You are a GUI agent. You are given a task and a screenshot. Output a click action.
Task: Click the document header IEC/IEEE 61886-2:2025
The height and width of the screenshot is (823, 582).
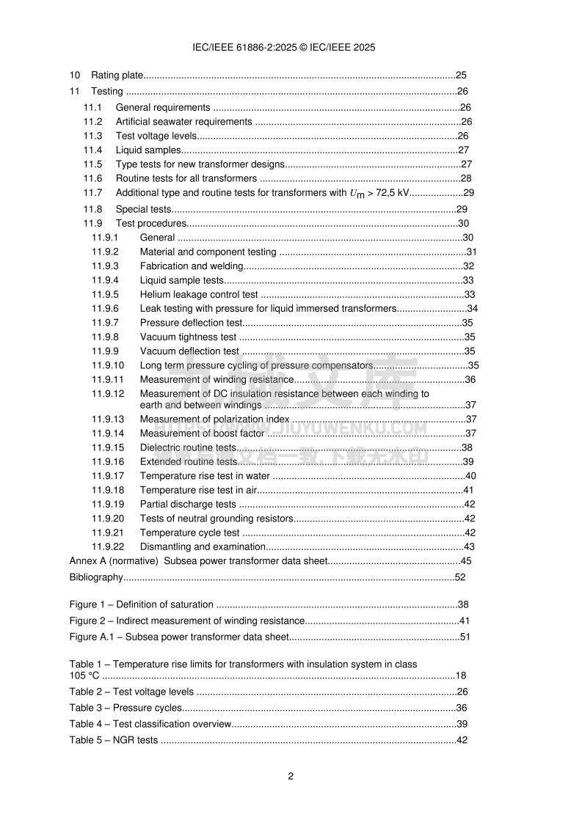click(283, 47)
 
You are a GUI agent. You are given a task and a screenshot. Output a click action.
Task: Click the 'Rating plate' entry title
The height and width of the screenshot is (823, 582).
click(117, 75)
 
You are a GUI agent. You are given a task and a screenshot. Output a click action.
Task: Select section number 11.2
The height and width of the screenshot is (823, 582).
click(92, 122)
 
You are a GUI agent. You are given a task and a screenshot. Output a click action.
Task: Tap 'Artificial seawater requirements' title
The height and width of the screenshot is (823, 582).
click(184, 122)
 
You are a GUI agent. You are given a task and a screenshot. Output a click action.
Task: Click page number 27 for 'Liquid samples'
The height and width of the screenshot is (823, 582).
click(464, 150)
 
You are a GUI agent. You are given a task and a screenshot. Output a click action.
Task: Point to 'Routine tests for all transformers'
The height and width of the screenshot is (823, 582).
click(186, 178)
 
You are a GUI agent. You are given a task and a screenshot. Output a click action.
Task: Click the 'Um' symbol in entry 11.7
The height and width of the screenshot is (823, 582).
click(356, 194)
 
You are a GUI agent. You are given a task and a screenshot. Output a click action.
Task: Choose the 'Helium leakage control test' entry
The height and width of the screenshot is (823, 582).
click(199, 294)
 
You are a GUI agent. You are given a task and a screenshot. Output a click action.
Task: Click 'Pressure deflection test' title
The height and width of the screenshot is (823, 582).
click(191, 323)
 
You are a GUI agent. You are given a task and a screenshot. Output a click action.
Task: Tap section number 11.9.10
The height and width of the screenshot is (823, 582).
click(108, 365)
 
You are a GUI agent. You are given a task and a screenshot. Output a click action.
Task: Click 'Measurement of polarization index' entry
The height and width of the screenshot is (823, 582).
click(214, 419)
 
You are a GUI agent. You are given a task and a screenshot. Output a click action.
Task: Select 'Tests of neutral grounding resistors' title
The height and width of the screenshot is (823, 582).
click(217, 519)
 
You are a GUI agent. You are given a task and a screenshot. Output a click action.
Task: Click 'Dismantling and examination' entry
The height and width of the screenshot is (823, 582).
click(202, 546)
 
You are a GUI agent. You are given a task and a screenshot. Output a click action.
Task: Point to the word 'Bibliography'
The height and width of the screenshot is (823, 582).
click(96, 577)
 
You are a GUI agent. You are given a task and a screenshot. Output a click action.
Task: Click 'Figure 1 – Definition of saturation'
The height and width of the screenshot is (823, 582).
click(142, 605)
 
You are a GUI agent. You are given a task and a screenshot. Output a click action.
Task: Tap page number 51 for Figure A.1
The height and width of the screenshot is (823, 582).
click(465, 637)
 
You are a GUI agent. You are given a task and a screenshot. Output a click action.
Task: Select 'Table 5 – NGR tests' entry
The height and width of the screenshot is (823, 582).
click(114, 740)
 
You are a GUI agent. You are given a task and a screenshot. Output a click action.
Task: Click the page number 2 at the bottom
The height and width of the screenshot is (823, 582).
click(291, 777)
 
